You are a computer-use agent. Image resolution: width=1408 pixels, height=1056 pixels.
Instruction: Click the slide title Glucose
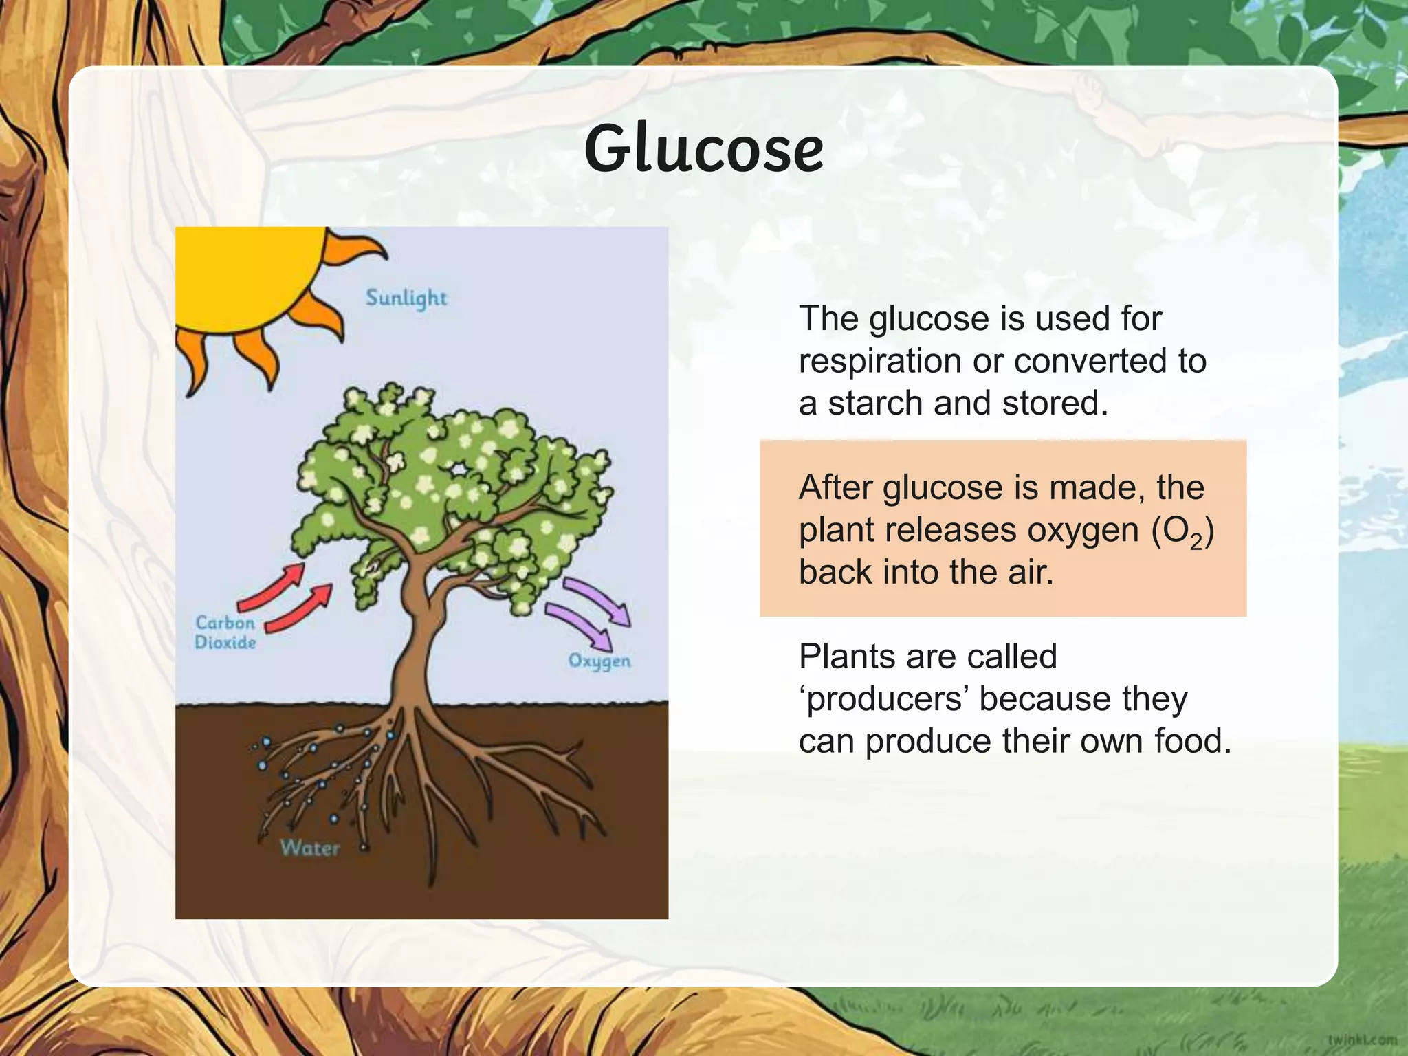coord(703,148)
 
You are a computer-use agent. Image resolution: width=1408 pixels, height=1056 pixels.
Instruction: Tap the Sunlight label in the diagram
coord(406,298)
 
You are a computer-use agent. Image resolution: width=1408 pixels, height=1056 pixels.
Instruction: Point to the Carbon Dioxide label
coord(225,632)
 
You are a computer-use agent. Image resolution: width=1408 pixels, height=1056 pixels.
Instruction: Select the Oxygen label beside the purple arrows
coord(599,661)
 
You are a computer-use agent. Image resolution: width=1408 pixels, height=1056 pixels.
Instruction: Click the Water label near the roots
coord(310,848)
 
